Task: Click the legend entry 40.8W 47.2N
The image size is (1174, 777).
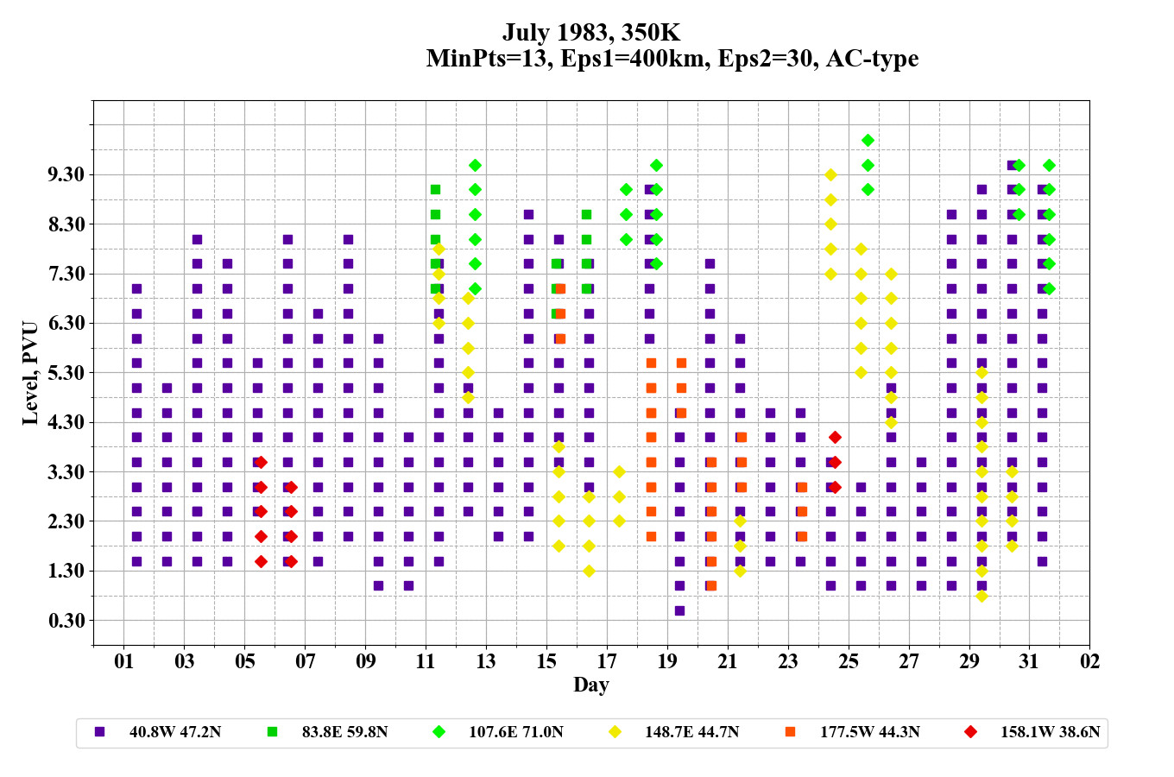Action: pos(174,732)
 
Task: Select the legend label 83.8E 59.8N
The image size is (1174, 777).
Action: pos(344,732)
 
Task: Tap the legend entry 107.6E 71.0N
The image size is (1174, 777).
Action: pos(515,732)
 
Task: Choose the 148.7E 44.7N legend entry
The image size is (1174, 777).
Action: pos(691,732)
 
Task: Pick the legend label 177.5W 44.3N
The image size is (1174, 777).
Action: pos(869,732)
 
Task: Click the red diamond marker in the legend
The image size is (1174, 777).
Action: pos(971,732)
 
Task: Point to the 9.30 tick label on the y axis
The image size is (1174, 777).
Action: pos(66,175)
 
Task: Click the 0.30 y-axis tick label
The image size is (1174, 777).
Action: pos(66,621)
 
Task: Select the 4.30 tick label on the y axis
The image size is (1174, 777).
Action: pos(66,423)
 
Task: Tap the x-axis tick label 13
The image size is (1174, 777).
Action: pos(486,662)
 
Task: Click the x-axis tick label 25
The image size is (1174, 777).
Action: pos(849,662)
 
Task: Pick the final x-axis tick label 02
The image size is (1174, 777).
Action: pos(1089,662)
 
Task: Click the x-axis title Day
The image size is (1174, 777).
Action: pos(591,685)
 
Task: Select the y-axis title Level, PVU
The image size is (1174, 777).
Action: pos(30,373)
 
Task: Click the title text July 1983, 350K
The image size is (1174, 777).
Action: pos(591,33)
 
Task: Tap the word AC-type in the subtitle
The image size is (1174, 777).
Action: pos(872,59)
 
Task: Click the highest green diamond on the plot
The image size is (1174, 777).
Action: pos(868,140)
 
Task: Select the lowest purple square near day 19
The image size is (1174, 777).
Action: pos(679,610)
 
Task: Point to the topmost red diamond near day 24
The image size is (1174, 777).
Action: pos(835,438)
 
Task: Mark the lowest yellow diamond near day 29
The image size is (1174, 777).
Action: pos(981,596)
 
